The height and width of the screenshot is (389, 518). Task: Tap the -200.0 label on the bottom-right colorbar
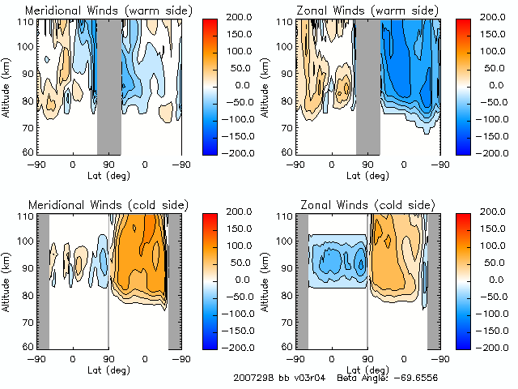click(x=493, y=346)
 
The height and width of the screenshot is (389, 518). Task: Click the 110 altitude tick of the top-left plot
click(x=24, y=23)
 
